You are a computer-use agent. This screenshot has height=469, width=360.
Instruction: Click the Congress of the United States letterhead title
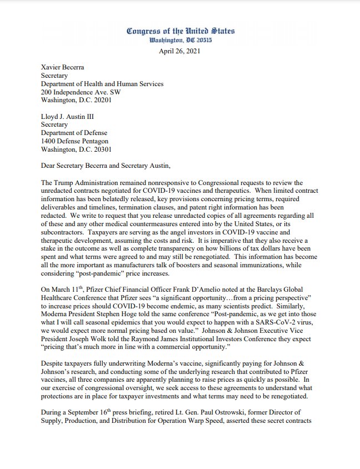pyautogui.click(x=181, y=31)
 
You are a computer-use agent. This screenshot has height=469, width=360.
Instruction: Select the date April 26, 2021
pyautogui.click(x=181, y=51)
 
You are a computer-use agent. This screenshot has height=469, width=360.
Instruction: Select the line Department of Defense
pyautogui.click(x=74, y=133)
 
